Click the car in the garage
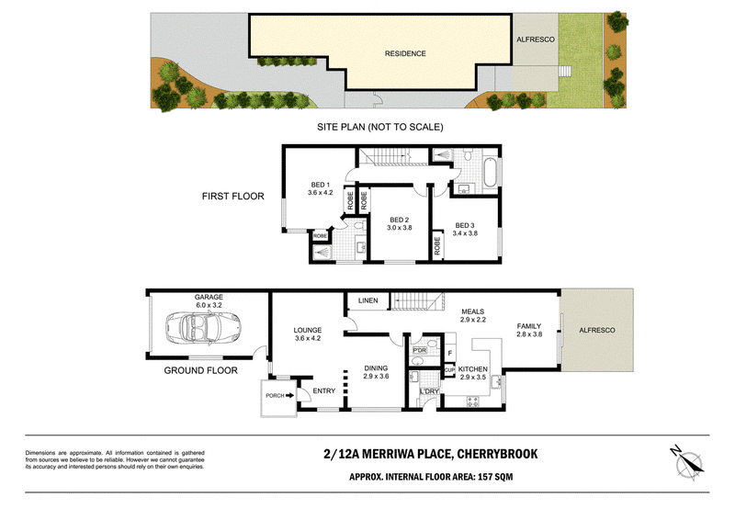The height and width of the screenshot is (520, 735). pyautogui.click(x=203, y=327)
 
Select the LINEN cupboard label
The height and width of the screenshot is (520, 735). pyautogui.click(x=368, y=300)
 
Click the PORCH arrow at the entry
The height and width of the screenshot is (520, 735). pyautogui.click(x=290, y=395)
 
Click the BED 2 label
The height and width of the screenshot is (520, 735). pyautogui.click(x=400, y=220)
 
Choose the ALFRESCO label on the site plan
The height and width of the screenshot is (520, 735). pyautogui.click(x=536, y=40)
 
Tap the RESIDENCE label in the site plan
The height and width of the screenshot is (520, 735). pyautogui.click(x=405, y=54)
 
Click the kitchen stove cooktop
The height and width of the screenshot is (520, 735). pyautogui.click(x=472, y=401)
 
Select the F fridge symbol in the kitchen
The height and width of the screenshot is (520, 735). pyautogui.click(x=450, y=353)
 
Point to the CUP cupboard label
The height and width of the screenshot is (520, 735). pyautogui.click(x=449, y=370)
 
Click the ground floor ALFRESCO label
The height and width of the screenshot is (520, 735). pyautogui.click(x=596, y=330)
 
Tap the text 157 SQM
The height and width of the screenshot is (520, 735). pyautogui.click(x=495, y=477)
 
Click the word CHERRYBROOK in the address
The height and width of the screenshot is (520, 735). pyautogui.click(x=497, y=454)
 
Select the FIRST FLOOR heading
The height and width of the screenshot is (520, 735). pyautogui.click(x=233, y=197)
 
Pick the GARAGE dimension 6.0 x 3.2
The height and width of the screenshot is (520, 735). pyautogui.click(x=209, y=305)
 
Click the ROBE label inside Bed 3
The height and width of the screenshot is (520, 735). pyautogui.click(x=437, y=245)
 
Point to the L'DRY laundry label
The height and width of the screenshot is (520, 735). pyautogui.click(x=429, y=391)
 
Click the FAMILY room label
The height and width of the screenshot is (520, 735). pyautogui.click(x=529, y=326)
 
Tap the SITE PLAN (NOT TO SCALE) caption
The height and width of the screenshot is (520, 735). pyautogui.click(x=380, y=127)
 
